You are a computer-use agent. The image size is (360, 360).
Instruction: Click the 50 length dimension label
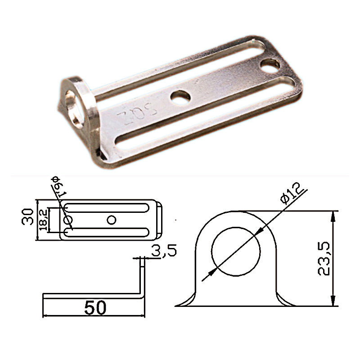coord(95,308)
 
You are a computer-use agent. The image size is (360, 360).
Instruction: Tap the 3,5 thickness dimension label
coord(164,251)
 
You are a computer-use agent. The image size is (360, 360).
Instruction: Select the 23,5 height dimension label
coord(324,258)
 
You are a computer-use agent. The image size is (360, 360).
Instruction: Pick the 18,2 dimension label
coord(43,220)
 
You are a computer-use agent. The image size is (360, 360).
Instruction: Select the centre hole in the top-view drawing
coord(111,220)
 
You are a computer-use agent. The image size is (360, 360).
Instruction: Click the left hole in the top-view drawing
coord(68,220)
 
